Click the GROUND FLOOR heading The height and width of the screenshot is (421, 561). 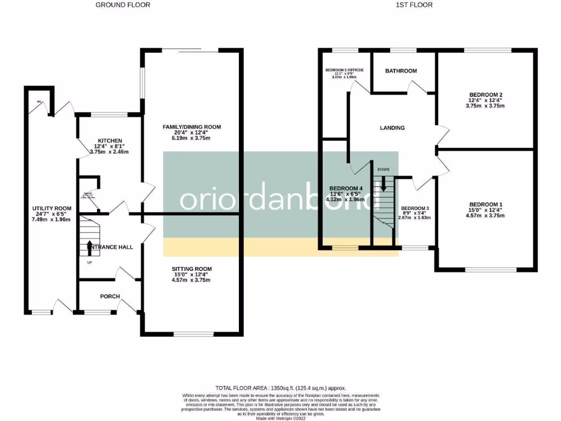tap(123, 5)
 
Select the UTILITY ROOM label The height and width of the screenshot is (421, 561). tap(52, 208)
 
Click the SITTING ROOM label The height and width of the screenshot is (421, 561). tap(191, 269)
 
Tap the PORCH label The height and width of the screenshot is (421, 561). tap(110, 297)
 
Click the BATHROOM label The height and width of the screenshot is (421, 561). tap(401, 71)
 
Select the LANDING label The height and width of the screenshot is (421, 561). tap(392, 128)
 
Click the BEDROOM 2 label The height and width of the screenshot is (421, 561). tap(485, 95)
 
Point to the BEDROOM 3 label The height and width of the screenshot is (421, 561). tap(415, 208)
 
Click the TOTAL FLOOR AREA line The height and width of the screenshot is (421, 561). tap(280, 388)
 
